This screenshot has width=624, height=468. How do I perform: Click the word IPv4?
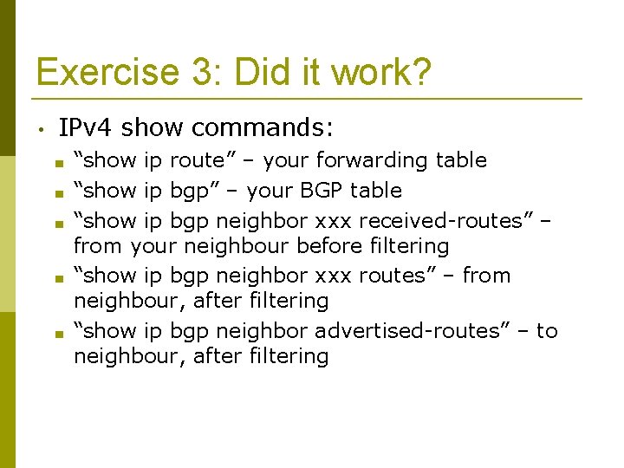coord(87,128)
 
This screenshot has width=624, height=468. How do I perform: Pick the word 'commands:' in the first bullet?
coord(262,128)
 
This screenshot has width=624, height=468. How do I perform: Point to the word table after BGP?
coord(374,190)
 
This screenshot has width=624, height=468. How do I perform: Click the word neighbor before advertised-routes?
coord(261,331)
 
